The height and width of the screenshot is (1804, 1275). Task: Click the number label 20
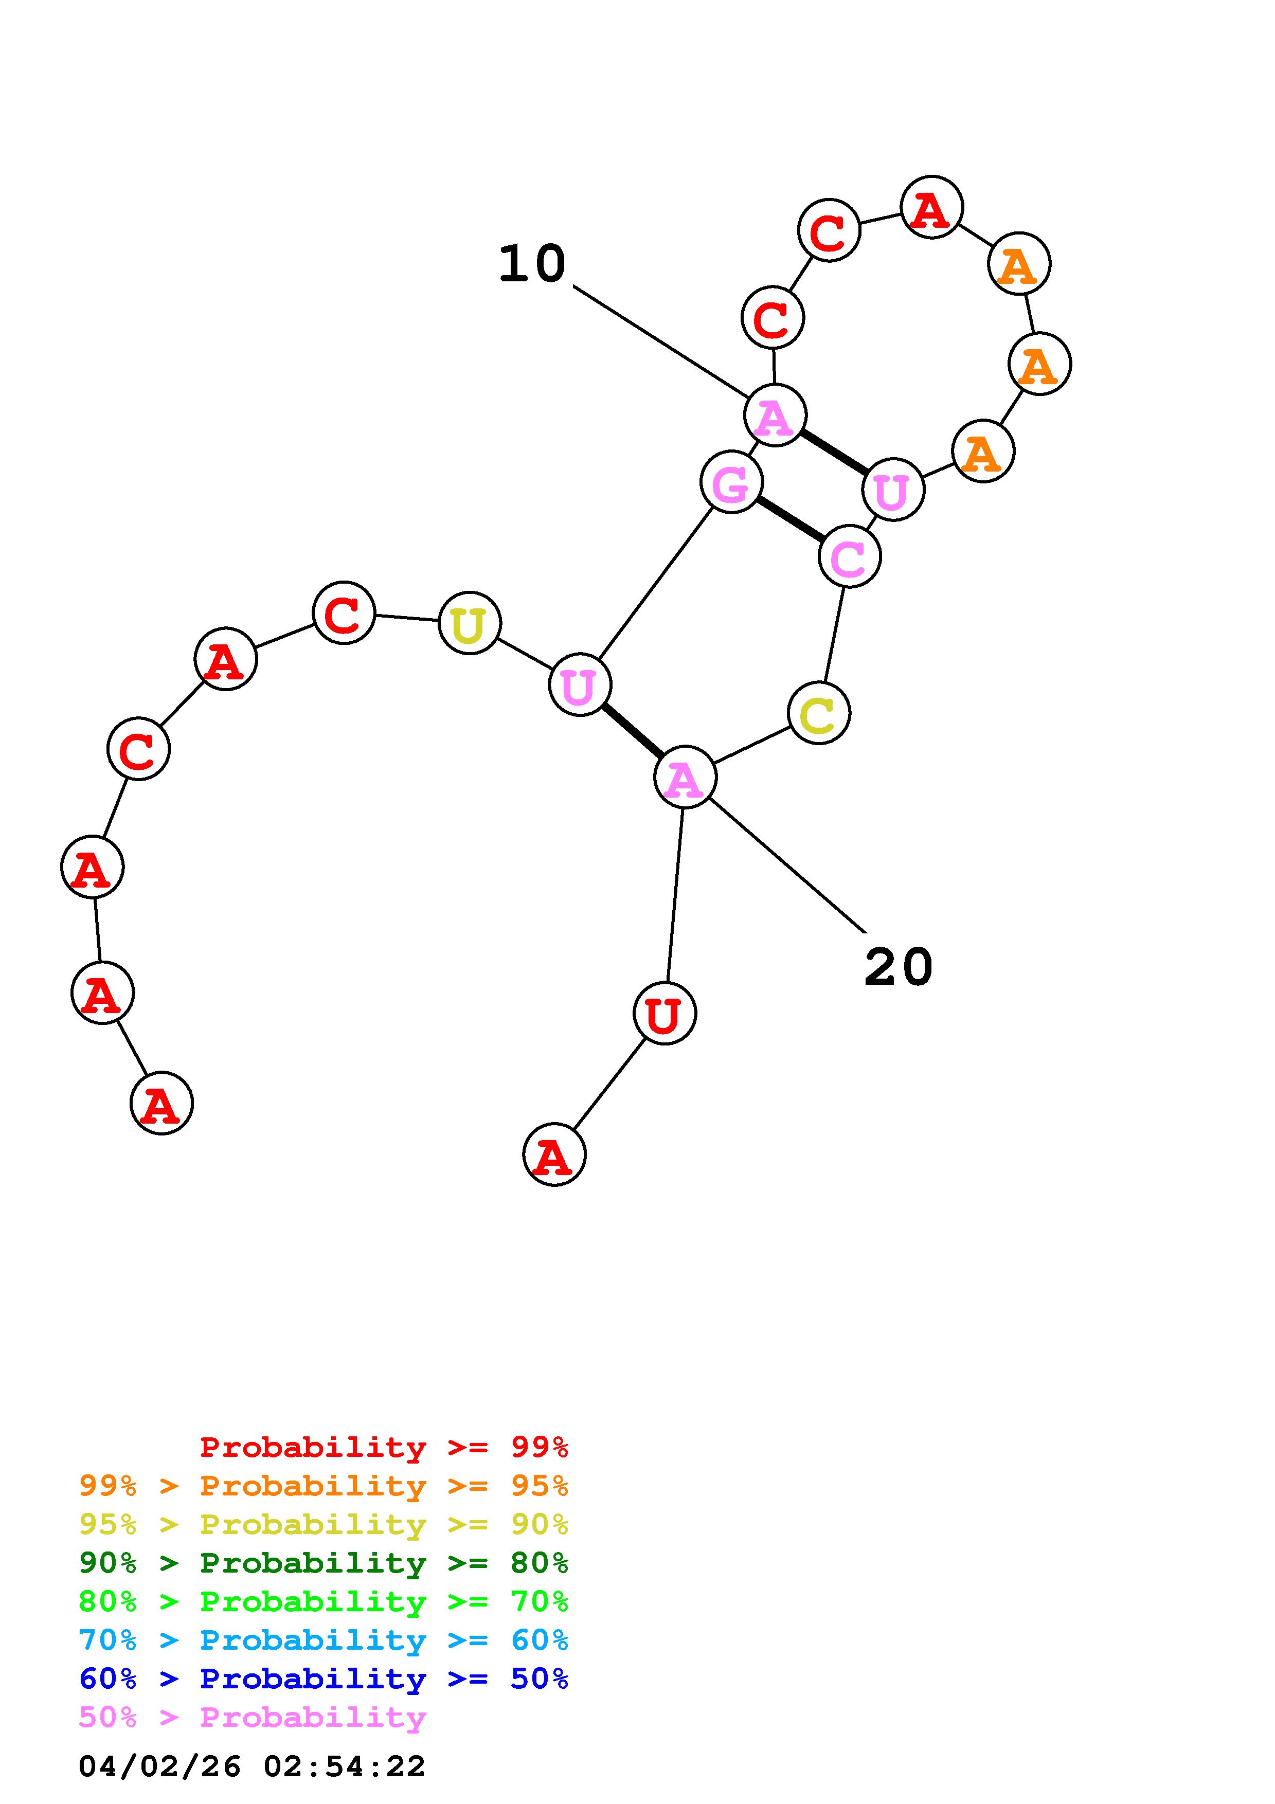coord(898,967)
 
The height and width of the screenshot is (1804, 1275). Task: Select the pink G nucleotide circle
coord(730,482)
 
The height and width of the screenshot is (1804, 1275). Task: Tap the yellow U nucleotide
coord(469,624)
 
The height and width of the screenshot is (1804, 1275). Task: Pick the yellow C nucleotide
coord(819,713)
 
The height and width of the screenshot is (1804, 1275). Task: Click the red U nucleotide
coord(665,1014)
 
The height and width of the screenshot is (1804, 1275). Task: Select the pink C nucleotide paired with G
coord(849,556)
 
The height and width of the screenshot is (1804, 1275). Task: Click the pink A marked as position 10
coord(775,416)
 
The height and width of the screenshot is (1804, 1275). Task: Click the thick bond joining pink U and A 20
coord(633,731)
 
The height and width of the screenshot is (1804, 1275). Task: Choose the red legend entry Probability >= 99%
coord(383,1447)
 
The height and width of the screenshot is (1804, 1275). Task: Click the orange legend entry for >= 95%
coord(324,1486)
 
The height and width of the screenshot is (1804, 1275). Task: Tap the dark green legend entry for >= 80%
coord(324,1563)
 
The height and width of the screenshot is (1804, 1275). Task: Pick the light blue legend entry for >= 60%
coord(324,1640)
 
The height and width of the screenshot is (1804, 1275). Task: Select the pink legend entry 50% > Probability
coord(252,1717)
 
